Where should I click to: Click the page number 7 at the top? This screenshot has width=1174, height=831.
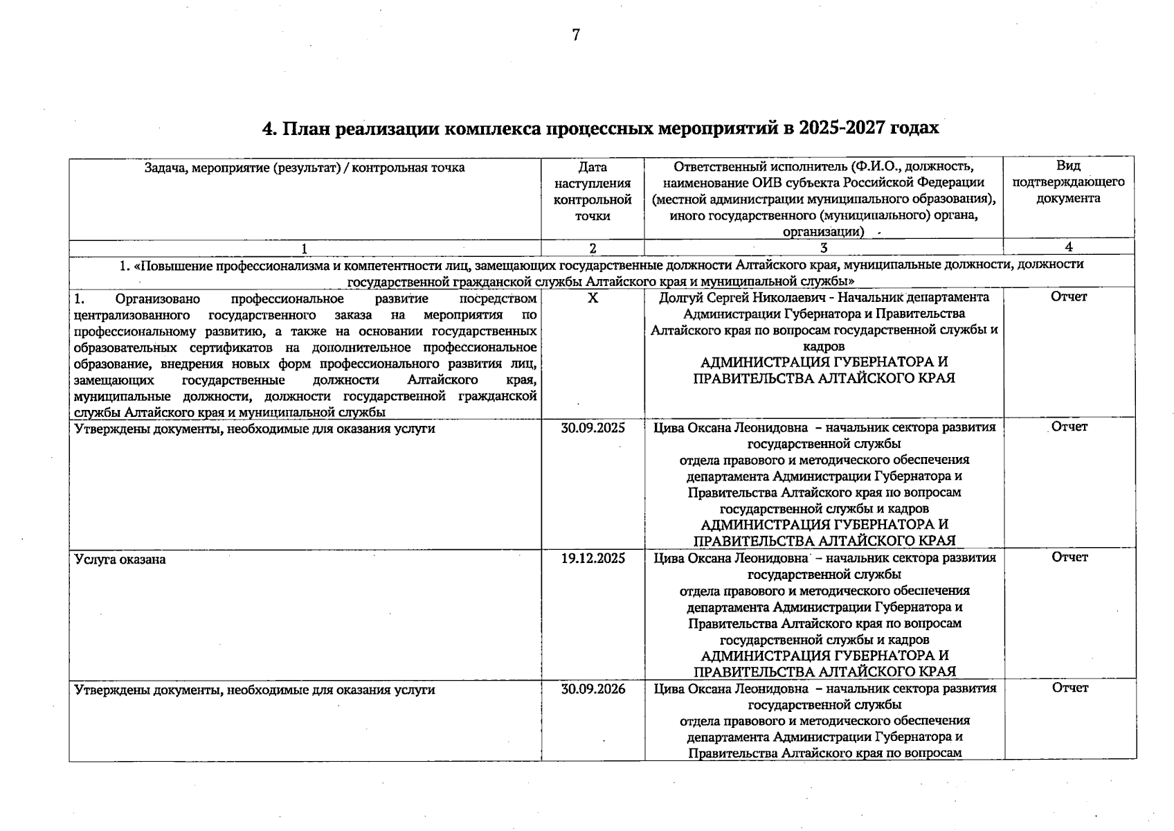(575, 35)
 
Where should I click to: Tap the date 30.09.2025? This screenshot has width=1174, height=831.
(593, 428)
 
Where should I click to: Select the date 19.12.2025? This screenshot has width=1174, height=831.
(593, 558)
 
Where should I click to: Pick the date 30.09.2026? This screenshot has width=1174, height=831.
(593, 689)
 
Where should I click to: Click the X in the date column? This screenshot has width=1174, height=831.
(593, 297)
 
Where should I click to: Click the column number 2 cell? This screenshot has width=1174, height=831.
(593, 248)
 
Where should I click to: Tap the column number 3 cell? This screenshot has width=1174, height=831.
(823, 248)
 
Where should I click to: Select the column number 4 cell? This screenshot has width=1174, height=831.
(1069, 247)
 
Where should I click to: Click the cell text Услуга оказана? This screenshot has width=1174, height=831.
(120, 560)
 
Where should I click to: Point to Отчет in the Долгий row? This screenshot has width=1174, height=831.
(1069, 296)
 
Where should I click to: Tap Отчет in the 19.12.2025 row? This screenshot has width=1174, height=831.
(1069, 557)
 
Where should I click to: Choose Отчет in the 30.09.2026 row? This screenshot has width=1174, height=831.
(1069, 688)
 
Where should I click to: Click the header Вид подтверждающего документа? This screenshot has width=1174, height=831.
(1068, 182)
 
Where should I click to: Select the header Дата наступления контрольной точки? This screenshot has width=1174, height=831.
(593, 191)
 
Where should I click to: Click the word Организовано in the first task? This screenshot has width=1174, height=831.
(158, 299)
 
